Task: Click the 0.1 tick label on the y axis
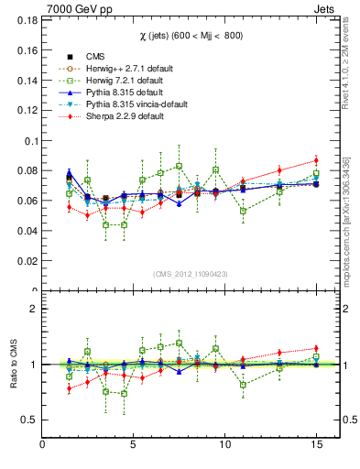click(30, 142)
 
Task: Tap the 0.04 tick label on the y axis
click(27, 231)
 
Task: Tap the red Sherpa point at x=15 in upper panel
click(316, 160)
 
